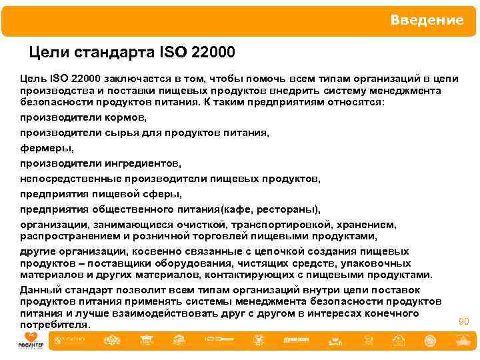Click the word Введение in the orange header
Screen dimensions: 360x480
427,20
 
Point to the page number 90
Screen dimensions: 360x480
463,321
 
